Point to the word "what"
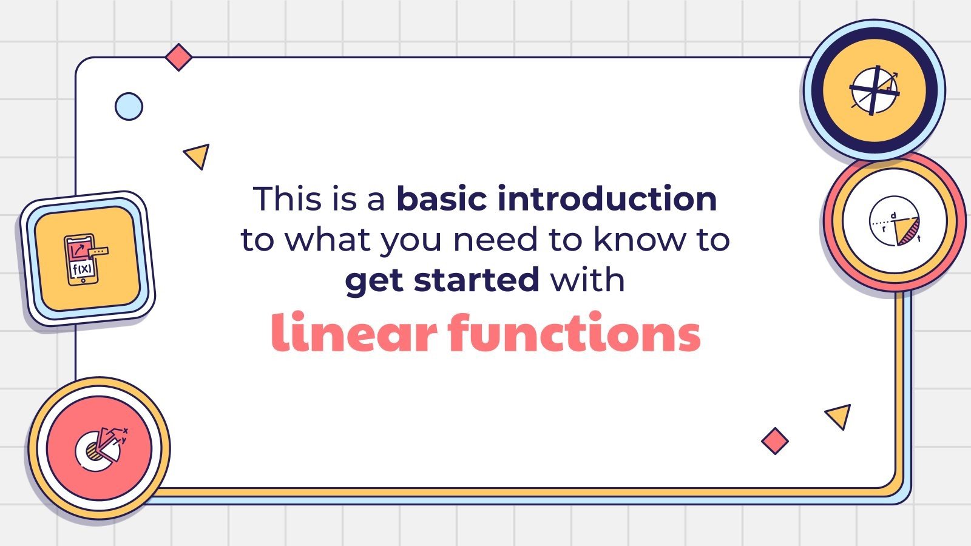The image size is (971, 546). tap(328, 240)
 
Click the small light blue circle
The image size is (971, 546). tap(129, 107)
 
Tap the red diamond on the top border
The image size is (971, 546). tap(178, 58)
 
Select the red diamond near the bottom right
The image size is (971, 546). tap(774, 441)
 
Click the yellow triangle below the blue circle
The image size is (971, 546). tap(198, 155)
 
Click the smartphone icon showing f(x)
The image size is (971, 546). tap(83, 259)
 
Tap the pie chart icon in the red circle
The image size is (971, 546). tap(100, 448)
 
